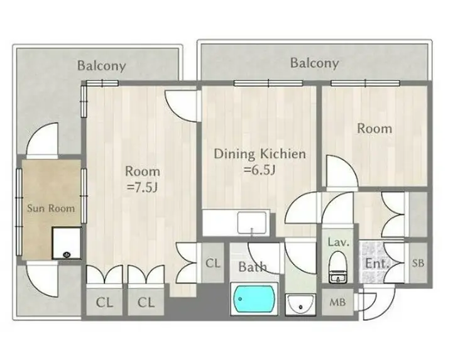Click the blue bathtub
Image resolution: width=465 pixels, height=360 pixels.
[254, 299]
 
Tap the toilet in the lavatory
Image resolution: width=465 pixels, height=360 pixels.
[338, 267]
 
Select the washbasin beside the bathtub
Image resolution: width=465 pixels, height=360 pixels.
[300, 304]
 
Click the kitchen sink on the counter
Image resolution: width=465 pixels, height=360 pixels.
[252, 222]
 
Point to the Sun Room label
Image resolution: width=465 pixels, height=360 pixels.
[51, 208]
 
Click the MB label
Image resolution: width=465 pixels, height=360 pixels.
[337, 302]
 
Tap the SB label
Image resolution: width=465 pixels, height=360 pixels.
[418, 263]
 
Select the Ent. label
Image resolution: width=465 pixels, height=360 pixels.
[376, 263]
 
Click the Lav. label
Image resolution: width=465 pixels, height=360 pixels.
[339, 243]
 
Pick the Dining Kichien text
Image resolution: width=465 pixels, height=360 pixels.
[260, 154]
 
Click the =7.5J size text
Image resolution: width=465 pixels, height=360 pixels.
[141, 187]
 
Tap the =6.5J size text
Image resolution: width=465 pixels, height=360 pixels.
[260, 170]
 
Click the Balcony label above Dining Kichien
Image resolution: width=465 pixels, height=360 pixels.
[314, 63]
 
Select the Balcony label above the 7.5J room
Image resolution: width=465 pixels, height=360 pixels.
[101, 66]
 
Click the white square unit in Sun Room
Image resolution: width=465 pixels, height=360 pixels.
[67, 243]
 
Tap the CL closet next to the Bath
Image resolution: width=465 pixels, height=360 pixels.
[213, 263]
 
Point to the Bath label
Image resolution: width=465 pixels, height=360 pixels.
[253, 267]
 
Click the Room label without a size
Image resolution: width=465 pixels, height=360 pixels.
[375, 128]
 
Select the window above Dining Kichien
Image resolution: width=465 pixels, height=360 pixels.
[268, 83]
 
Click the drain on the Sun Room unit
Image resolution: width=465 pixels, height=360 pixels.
[67, 254]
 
